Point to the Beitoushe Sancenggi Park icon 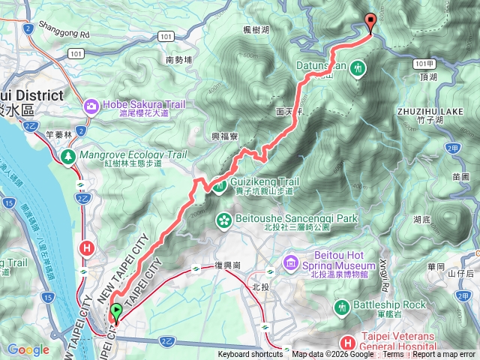[223, 219]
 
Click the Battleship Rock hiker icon [343, 305]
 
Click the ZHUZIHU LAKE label [424, 110]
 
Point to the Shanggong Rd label [68, 34]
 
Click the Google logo [28, 349]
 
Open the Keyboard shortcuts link [250, 355]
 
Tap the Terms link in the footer [393, 355]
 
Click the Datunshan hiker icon [358, 67]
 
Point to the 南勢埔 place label [179, 59]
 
